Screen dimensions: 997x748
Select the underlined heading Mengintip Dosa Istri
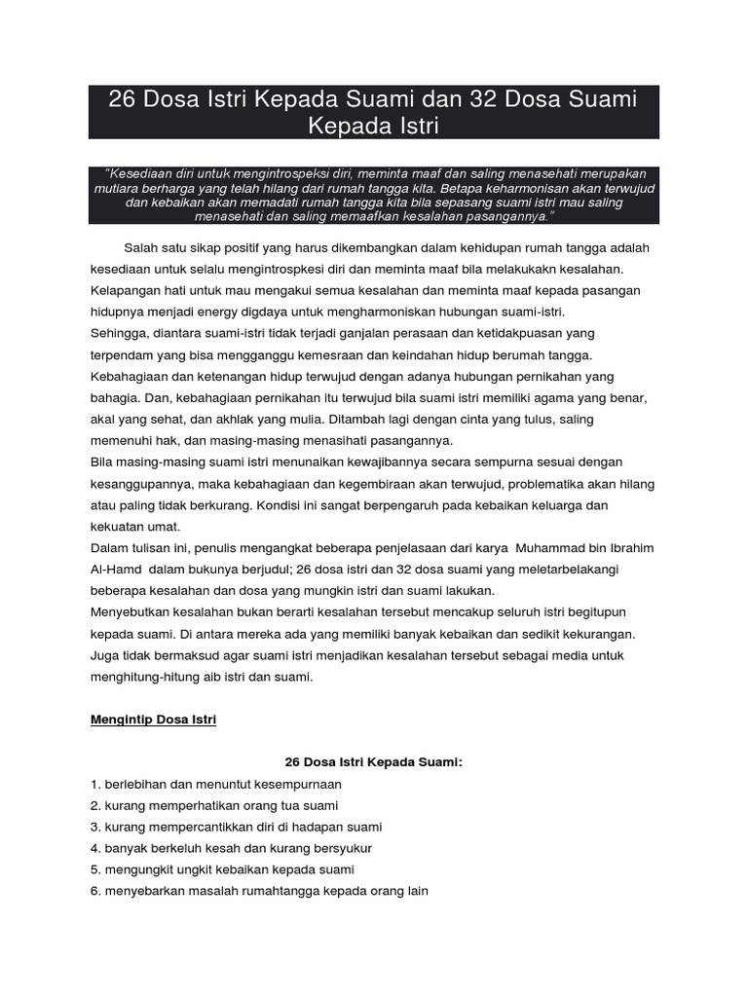pyautogui.click(x=154, y=720)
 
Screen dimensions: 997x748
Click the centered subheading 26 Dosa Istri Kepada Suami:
pyautogui.click(x=372, y=762)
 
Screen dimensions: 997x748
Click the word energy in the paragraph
pyautogui.click(x=256, y=312)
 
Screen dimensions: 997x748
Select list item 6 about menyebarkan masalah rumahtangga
pyautogui.click(x=259, y=891)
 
